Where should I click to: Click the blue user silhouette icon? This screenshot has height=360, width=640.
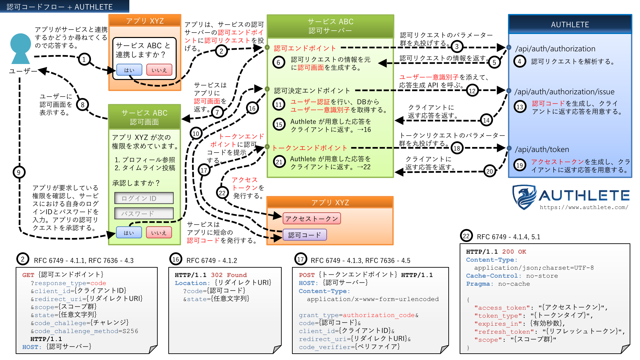[21, 49]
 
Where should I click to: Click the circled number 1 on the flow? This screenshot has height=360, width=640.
[84, 59]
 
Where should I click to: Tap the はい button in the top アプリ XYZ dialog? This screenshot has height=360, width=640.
[129, 70]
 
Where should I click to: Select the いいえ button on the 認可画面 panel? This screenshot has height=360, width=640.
[159, 233]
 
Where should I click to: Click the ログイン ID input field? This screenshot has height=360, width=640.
[144, 198]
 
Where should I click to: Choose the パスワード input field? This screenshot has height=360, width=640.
[144, 214]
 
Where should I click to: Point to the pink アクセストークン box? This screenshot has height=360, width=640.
[312, 219]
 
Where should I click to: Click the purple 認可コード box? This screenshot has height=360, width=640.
[305, 235]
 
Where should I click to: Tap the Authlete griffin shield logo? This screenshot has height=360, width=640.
[524, 197]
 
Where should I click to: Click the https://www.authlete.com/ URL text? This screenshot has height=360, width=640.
[584, 207]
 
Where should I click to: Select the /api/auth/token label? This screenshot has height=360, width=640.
[542, 149]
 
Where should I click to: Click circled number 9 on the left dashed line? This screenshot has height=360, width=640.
[19, 172]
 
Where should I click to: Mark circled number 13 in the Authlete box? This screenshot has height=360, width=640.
[520, 107]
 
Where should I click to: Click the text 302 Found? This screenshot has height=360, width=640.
[229, 275]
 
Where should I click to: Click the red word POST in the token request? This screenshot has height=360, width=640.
[307, 275]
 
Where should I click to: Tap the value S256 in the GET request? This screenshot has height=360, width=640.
[130, 331]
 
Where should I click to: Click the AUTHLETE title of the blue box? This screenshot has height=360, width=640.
[570, 25]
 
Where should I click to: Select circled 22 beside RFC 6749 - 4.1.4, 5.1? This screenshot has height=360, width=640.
[466, 236]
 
